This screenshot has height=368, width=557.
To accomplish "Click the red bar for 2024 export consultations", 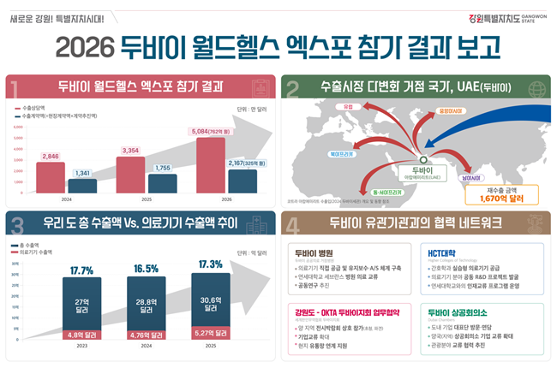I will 50,177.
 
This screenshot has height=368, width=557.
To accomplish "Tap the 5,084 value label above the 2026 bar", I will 212,132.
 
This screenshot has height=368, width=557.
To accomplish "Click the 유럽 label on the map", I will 348,106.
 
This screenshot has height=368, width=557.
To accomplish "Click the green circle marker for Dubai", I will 422,158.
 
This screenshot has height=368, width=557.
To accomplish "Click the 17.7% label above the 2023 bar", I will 81,270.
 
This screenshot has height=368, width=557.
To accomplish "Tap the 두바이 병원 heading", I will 314,253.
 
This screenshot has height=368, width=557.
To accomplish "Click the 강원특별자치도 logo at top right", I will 509,16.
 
